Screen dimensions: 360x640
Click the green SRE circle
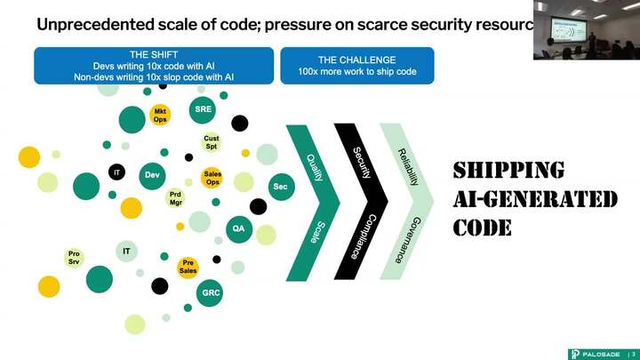pos(203,109)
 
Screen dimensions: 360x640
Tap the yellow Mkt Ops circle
pos(160,115)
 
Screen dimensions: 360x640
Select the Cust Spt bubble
pos(212,142)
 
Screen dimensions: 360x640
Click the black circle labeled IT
pos(116,171)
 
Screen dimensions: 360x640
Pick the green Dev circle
pos(152,176)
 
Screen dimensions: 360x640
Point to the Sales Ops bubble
pos(212,178)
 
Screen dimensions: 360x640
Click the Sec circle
pos(280,186)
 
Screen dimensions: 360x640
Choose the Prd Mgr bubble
pos(176,198)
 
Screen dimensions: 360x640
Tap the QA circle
pos(238,228)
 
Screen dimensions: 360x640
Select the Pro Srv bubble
pos(74,258)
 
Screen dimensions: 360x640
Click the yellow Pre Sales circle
pos(188,267)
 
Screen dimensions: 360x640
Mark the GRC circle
pos(211,292)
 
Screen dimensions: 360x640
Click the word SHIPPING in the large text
pos(508,171)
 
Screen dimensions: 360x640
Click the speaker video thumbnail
pos(586,30)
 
